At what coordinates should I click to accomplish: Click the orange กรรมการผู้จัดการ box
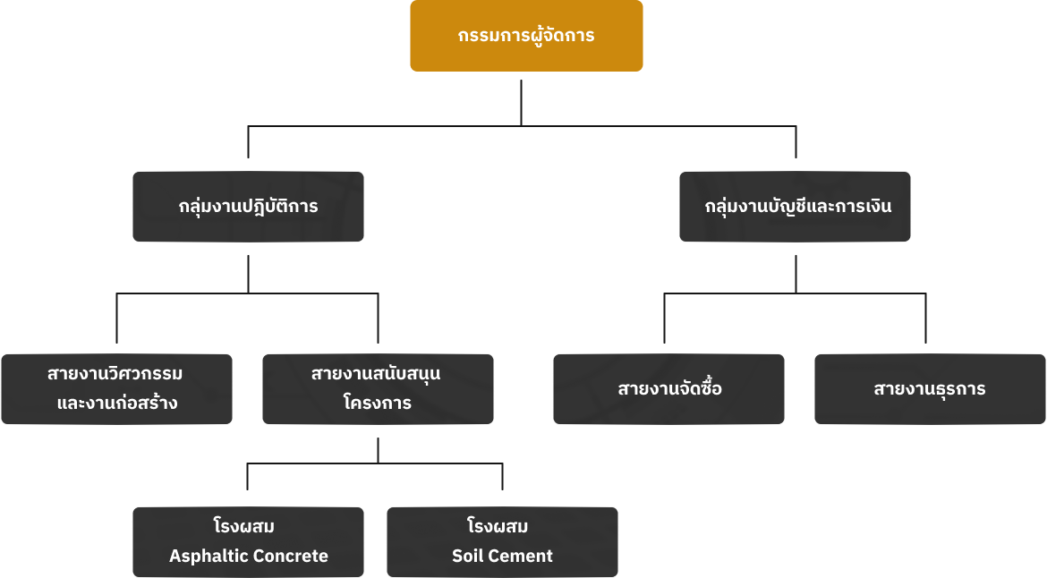pyautogui.click(x=526, y=36)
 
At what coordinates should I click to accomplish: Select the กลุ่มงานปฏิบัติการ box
pyautogui.click(x=248, y=207)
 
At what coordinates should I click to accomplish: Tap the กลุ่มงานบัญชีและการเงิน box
pyautogui.click(x=795, y=207)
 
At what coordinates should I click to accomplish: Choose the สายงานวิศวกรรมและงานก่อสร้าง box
pyautogui.click(x=116, y=388)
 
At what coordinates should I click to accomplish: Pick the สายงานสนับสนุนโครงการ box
pyautogui.click(x=378, y=388)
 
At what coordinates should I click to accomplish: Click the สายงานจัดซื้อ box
pyautogui.click(x=668, y=388)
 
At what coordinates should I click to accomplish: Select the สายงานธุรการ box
pyautogui.click(x=930, y=388)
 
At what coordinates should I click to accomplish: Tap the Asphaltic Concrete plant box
pyautogui.click(x=248, y=541)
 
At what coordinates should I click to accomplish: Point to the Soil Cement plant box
pyautogui.click(x=502, y=541)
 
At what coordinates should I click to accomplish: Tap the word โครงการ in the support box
pyautogui.click(x=378, y=404)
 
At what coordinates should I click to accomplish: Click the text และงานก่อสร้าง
pyautogui.click(x=116, y=404)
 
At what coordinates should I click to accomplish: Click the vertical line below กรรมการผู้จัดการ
pyautogui.click(x=522, y=103)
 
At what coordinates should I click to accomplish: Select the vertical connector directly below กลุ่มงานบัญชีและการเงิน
pyautogui.click(x=796, y=273)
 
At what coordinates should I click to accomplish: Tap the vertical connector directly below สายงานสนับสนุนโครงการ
pyautogui.click(x=378, y=450)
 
